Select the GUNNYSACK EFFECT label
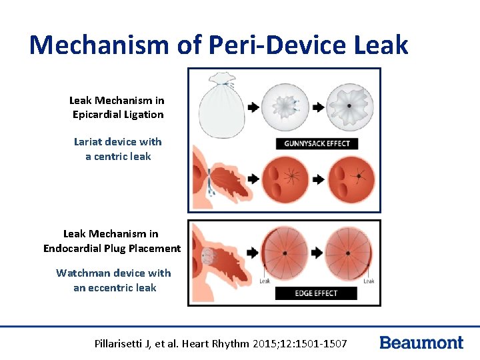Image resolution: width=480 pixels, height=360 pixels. click(317, 143)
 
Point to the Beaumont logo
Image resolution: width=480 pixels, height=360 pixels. click(421, 343)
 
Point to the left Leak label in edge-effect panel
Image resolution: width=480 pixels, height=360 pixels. click(265, 281)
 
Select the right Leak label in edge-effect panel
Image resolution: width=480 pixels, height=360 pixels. click(369, 281)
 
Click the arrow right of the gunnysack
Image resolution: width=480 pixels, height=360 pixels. click(253, 107)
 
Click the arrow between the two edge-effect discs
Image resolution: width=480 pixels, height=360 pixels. click(317, 253)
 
